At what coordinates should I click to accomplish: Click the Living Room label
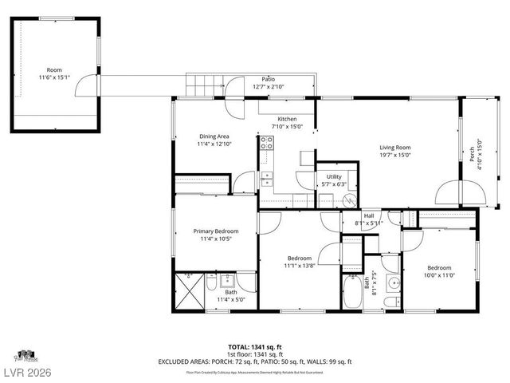(x=394, y=148)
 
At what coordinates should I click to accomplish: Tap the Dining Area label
(x=213, y=136)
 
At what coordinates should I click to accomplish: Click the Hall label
(x=369, y=215)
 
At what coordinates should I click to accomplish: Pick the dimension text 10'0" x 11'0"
(x=438, y=274)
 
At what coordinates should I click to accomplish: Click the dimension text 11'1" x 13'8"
(x=299, y=266)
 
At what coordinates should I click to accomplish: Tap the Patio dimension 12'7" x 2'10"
(x=269, y=86)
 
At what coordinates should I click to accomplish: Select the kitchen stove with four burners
(x=267, y=144)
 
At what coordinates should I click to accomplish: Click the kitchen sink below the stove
(x=266, y=177)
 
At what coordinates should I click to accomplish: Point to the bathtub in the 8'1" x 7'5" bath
(x=351, y=294)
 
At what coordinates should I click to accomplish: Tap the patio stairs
(x=202, y=82)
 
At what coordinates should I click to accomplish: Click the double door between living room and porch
(x=460, y=191)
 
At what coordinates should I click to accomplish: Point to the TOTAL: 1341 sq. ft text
(x=255, y=347)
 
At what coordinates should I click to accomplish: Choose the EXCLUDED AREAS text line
(x=255, y=361)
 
